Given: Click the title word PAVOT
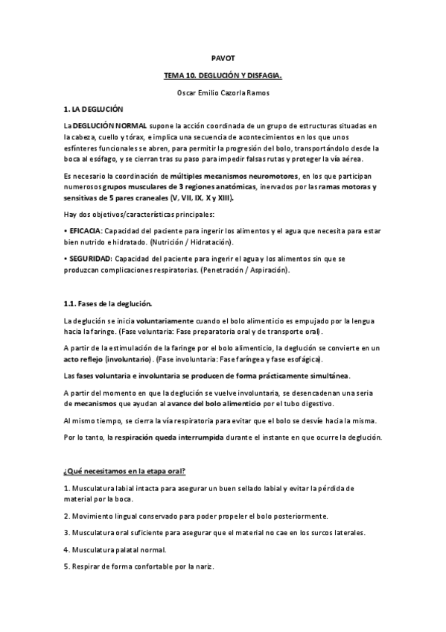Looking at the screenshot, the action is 223,58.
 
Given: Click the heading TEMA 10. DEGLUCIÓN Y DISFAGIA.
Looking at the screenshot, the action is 223,76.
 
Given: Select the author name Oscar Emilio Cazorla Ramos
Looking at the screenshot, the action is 223,92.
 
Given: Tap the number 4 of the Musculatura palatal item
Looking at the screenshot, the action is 66,550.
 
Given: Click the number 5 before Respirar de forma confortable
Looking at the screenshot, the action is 66,567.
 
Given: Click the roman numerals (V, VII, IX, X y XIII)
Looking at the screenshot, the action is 203,198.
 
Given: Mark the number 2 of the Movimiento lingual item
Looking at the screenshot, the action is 66,516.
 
